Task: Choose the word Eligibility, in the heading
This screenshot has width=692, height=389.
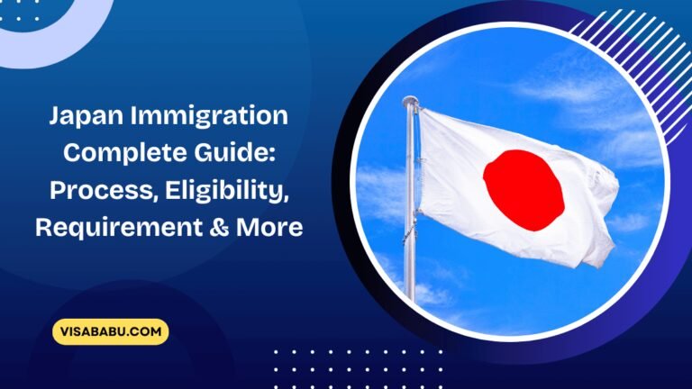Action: [x=229, y=190]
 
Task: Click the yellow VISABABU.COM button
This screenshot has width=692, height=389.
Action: [x=111, y=331]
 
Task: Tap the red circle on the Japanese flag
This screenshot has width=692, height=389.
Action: [x=524, y=190]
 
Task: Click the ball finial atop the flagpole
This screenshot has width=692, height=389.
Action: [x=410, y=102]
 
